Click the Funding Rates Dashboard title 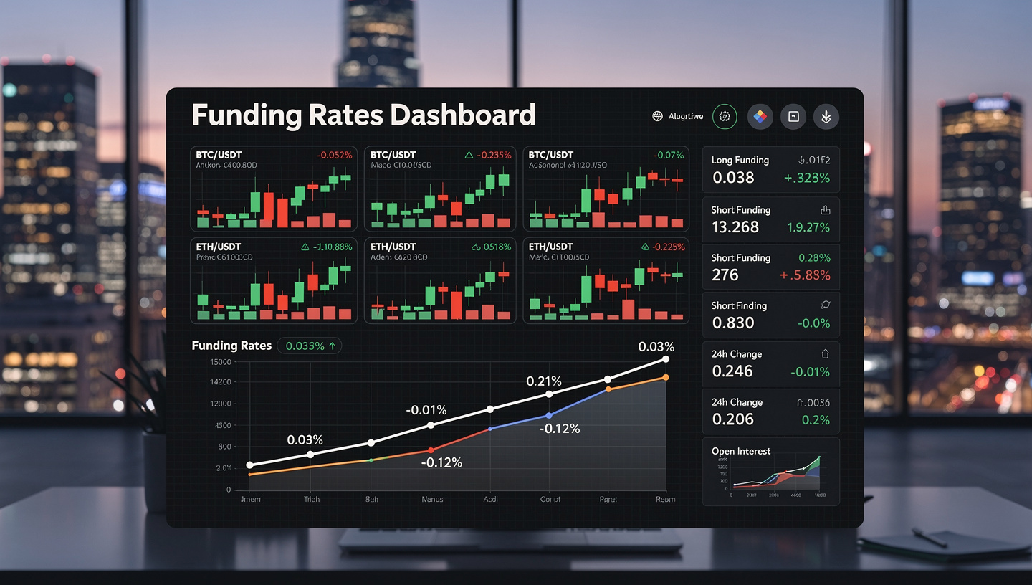tap(363, 115)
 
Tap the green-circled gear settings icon tap(725, 116)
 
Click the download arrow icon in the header tap(826, 116)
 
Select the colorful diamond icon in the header tap(760, 116)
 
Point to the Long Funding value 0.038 tap(733, 178)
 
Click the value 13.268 tap(735, 227)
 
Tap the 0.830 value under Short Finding tap(733, 323)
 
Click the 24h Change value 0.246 tap(732, 371)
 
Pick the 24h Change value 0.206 tap(733, 419)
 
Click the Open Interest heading tap(741, 451)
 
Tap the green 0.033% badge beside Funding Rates tap(310, 346)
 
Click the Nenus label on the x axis tap(432, 499)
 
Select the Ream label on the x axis tap(665, 499)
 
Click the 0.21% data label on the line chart tap(544, 381)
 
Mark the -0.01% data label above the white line tap(426, 410)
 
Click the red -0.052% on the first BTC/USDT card tap(334, 155)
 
